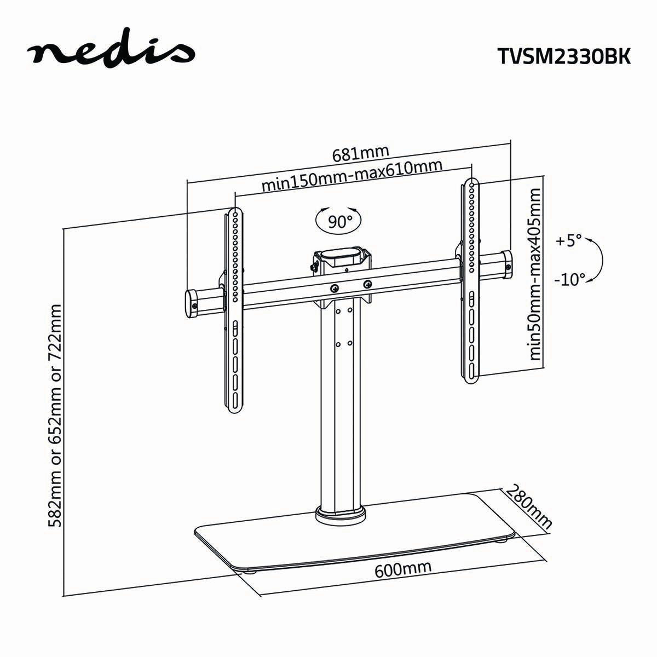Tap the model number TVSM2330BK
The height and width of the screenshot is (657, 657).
pyautogui.click(x=564, y=55)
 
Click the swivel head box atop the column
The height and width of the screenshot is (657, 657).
pyautogui.click(x=341, y=260)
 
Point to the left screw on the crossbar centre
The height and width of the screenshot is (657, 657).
pyautogui.click(x=334, y=287)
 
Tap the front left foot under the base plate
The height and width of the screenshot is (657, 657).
pyautogui.click(x=251, y=572)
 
